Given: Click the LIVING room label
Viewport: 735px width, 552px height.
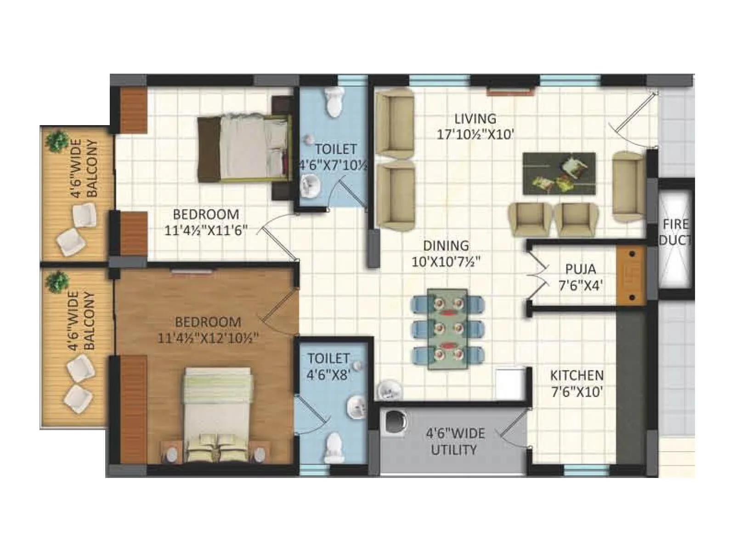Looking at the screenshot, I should click(x=475, y=119).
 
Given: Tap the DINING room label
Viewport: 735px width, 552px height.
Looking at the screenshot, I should click(x=446, y=246).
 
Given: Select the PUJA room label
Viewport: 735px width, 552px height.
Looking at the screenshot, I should click(x=580, y=269).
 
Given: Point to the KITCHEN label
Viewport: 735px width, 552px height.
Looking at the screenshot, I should click(x=577, y=375).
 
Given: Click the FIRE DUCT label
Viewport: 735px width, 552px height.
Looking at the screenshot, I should click(x=675, y=232).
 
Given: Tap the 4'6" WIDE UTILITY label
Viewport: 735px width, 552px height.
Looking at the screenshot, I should click(x=455, y=442).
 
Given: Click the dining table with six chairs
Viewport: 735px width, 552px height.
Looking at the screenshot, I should click(x=447, y=329).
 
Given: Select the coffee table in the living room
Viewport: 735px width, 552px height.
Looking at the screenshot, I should click(x=559, y=173).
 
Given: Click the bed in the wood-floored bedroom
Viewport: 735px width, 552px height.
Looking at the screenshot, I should click(x=217, y=414).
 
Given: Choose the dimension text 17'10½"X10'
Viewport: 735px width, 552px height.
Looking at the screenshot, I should click(x=475, y=135).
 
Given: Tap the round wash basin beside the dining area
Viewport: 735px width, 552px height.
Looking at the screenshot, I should click(x=390, y=391).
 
